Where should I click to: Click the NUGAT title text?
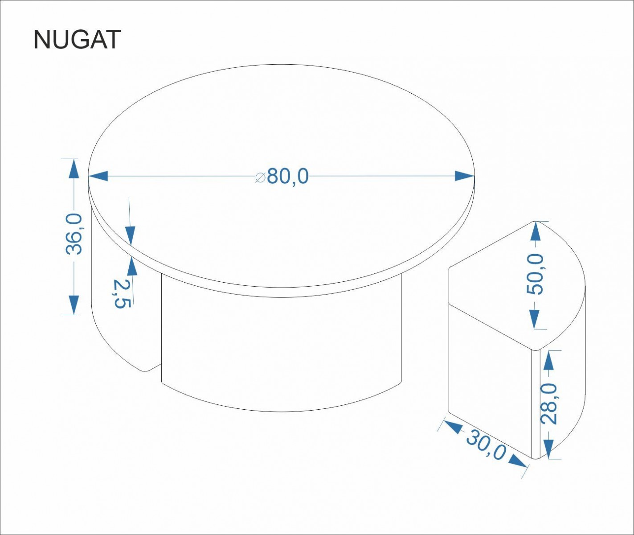[x=77, y=40]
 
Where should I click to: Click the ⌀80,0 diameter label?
[x=282, y=177]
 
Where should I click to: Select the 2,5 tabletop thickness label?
[x=122, y=293]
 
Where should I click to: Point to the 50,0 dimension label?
[x=535, y=274]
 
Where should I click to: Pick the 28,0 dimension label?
[x=549, y=403]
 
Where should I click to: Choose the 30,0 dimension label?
[x=486, y=445]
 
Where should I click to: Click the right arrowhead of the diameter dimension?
[x=465, y=176]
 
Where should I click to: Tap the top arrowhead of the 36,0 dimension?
[x=74, y=169]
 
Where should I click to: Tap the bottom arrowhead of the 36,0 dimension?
[x=74, y=305]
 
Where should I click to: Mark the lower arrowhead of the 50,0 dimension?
[x=535, y=319]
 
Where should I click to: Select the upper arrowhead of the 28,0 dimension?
[x=549, y=360]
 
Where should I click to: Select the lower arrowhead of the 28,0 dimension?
[x=549, y=449]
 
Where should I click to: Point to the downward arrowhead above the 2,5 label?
[x=130, y=236]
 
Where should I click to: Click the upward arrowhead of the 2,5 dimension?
[x=131, y=266]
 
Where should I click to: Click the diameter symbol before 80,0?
[x=261, y=177]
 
